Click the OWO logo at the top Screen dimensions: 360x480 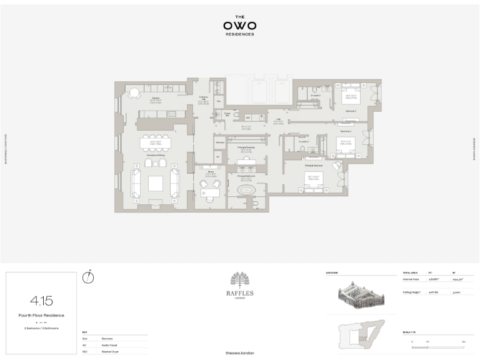coord(240,26)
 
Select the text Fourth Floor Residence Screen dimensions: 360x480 coord(41,315)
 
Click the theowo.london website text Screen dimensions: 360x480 coord(240,353)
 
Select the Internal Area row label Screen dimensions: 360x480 coord(411,279)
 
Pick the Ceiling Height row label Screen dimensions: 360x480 coord(412,292)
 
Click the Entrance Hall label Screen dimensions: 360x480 coord(204,98)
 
